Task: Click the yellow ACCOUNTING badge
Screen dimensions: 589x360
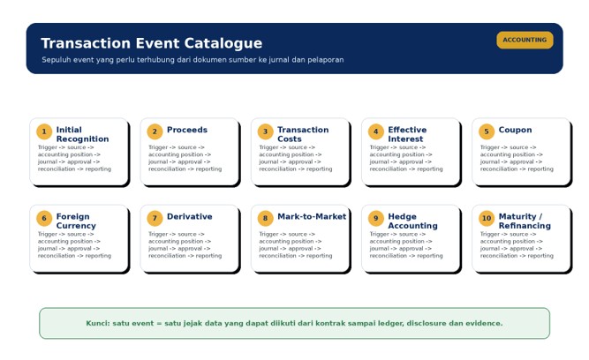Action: click(x=525, y=40)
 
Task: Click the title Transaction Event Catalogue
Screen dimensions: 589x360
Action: click(x=151, y=43)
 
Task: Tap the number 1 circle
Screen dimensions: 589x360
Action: click(x=44, y=131)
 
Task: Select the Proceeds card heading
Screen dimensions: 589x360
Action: click(x=187, y=130)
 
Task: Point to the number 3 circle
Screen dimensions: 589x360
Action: click(x=265, y=131)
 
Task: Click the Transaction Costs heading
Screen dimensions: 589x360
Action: click(x=303, y=134)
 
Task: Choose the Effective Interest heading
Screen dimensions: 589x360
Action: click(x=407, y=134)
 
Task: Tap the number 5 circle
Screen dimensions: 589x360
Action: click(x=487, y=131)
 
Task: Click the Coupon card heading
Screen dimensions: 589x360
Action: click(x=515, y=130)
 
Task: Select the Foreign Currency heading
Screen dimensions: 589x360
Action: click(x=76, y=221)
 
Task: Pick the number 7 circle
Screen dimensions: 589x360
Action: click(x=155, y=218)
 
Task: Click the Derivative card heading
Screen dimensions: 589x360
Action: click(x=189, y=216)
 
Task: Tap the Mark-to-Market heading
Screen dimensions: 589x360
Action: click(x=312, y=216)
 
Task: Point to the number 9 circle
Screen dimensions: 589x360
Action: click(x=376, y=218)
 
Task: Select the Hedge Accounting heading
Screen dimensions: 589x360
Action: click(x=412, y=221)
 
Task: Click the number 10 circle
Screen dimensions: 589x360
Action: click(x=487, y=218)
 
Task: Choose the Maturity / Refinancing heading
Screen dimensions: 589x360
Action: click(x=525, y=221)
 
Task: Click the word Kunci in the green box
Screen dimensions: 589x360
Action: click(x=98, y=323)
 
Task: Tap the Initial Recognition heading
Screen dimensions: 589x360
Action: click(x=83, y=134)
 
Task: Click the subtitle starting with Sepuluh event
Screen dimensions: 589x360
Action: click(x=193, y=60)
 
